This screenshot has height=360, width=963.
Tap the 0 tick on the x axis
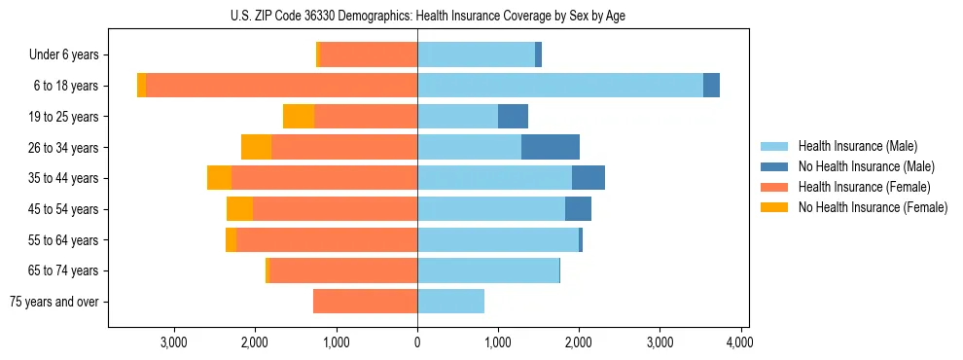pyautogui.click(x=417, y=342)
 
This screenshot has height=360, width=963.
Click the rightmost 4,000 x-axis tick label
pyautogui.click(x=740, y=342)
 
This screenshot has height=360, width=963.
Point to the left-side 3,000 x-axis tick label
pyautogui.click(x=174, y=342)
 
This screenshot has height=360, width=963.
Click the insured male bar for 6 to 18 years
pyautogui.click(x=560, y=86)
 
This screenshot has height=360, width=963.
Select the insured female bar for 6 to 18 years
pyautogui.click(x=281, y=86)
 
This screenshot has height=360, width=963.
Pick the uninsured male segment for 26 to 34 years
pyautogui.click(x=551, y=147)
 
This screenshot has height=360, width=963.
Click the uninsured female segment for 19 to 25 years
pyautogui.click(x=299, y=117)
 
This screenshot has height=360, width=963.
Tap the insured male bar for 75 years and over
pyautogui.click(x=450, y=302)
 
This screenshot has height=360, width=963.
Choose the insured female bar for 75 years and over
pyautogui.click(x=365, y=302)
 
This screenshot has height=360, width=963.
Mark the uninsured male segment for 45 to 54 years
pyautogui.click(x=578, y=209)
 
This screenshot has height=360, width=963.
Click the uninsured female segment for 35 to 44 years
pyautogui.click(x=219, y=178)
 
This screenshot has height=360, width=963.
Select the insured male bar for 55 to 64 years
pyautogui.click(x=498, y=240)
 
